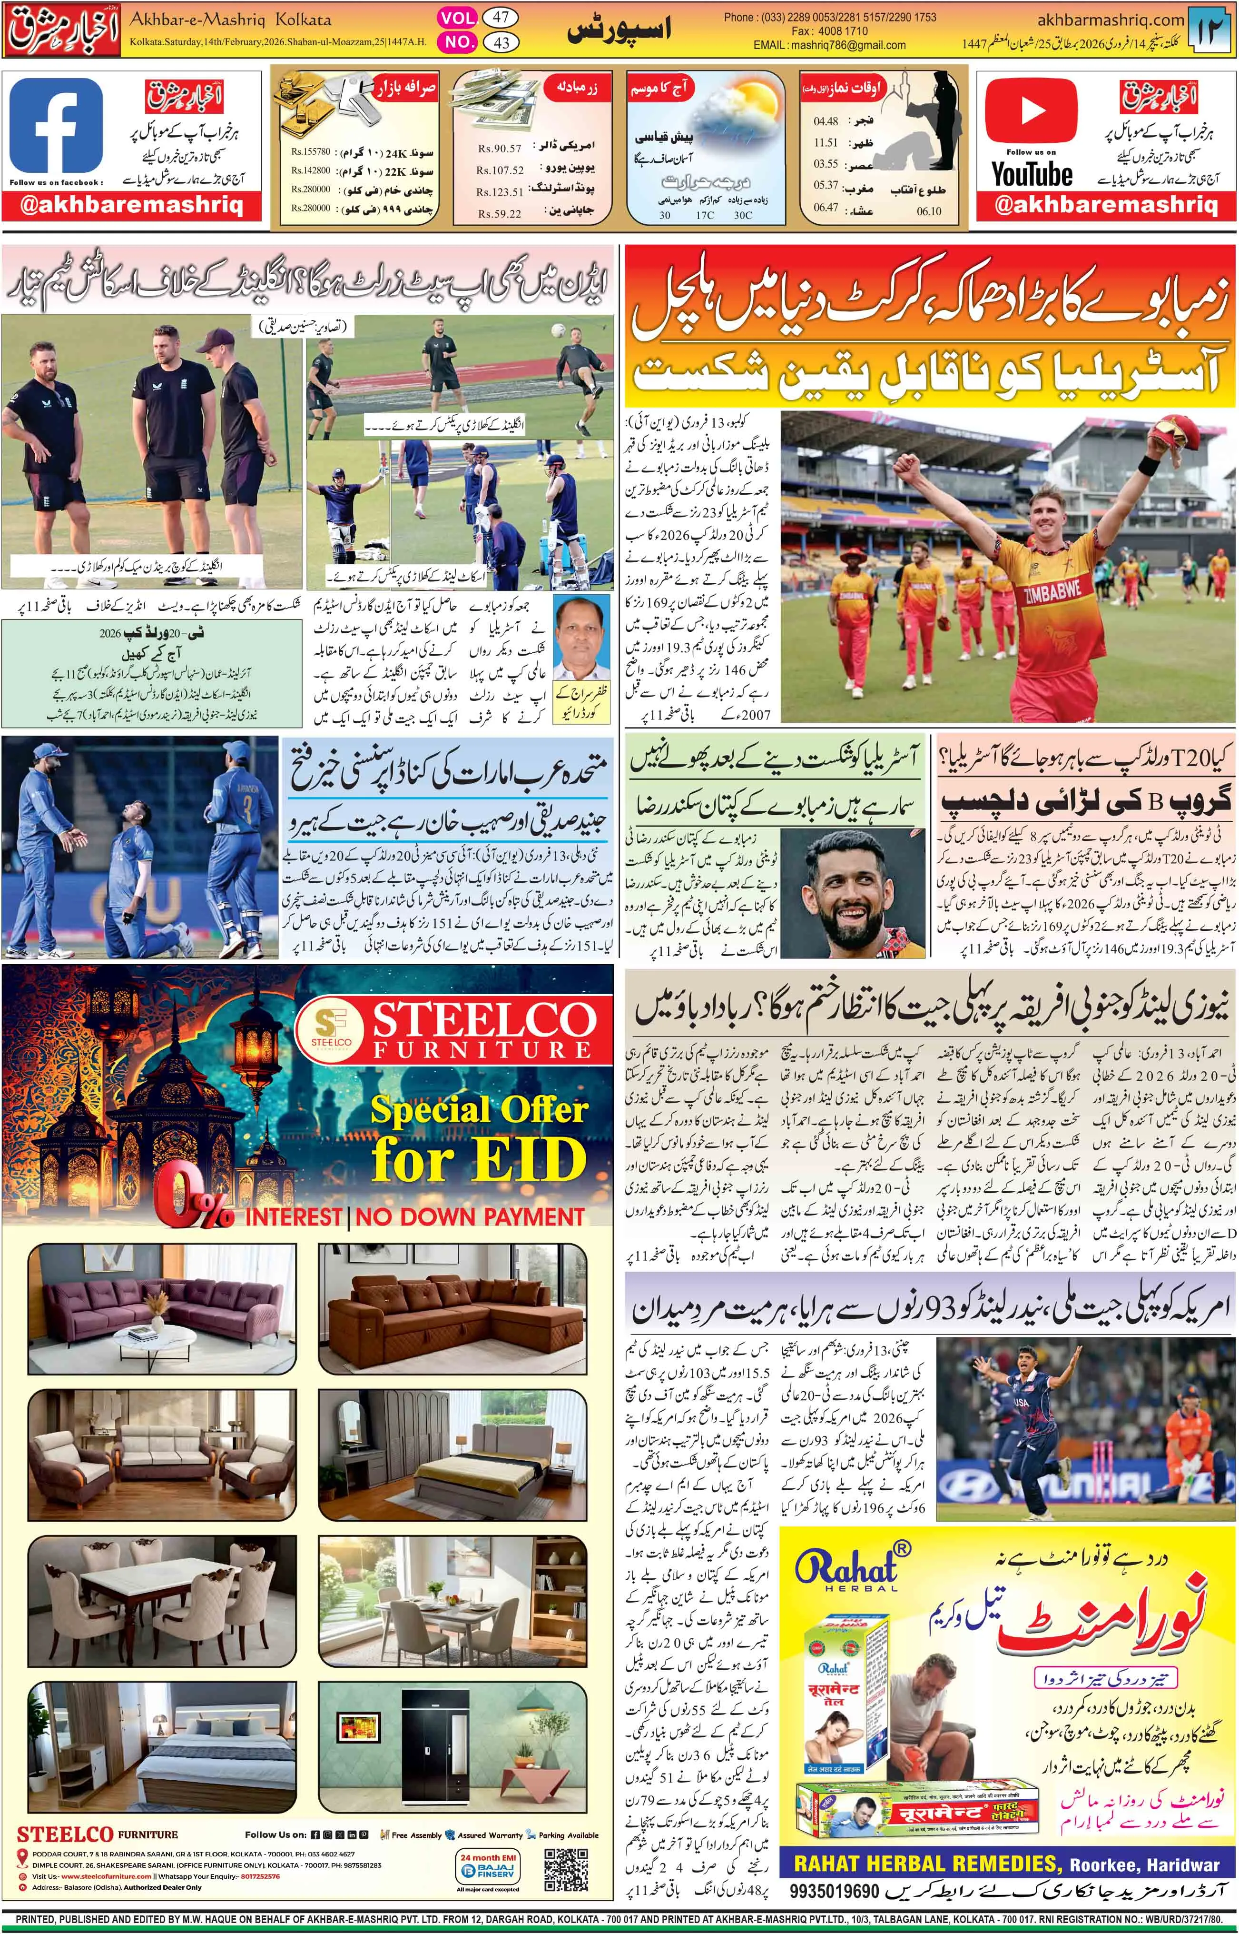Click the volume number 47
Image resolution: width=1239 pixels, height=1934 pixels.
click(x=501, y=17)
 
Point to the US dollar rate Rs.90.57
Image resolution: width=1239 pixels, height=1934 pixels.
click(x=499, y=149)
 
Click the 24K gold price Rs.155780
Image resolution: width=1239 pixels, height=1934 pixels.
click(x=311, y=151)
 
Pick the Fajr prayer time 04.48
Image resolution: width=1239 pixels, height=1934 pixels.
click(x=826, y=121)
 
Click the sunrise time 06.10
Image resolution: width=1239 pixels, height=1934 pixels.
click(x=928, y=211)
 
